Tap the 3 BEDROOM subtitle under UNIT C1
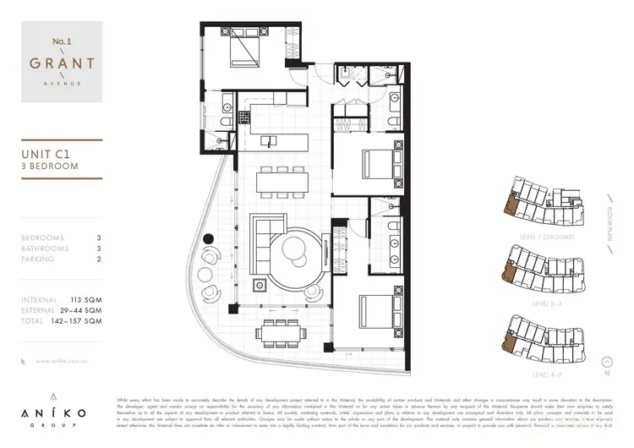click(x=50, y=167)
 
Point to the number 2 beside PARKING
click(x=99, y=260)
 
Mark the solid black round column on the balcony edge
click(x=207, y=240)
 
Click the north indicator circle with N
click(x=607, y=371)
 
